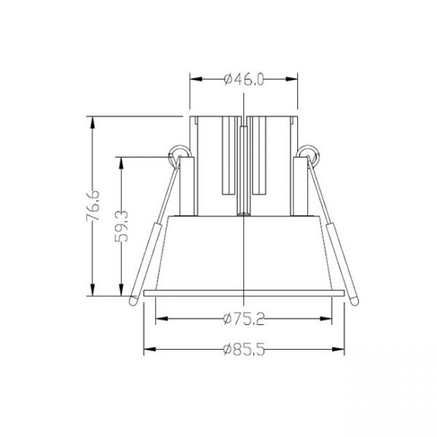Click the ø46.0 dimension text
(243, 79)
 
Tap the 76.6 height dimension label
(92, 205)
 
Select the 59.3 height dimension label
(122, 227)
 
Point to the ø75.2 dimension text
(244, 319)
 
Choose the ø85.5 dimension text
(244, 350)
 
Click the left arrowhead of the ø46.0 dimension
(196, 79)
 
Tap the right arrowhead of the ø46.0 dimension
(291, 79)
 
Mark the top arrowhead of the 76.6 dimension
(92, 122)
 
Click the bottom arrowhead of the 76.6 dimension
(92, 290)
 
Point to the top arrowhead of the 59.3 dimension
(121, 163)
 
